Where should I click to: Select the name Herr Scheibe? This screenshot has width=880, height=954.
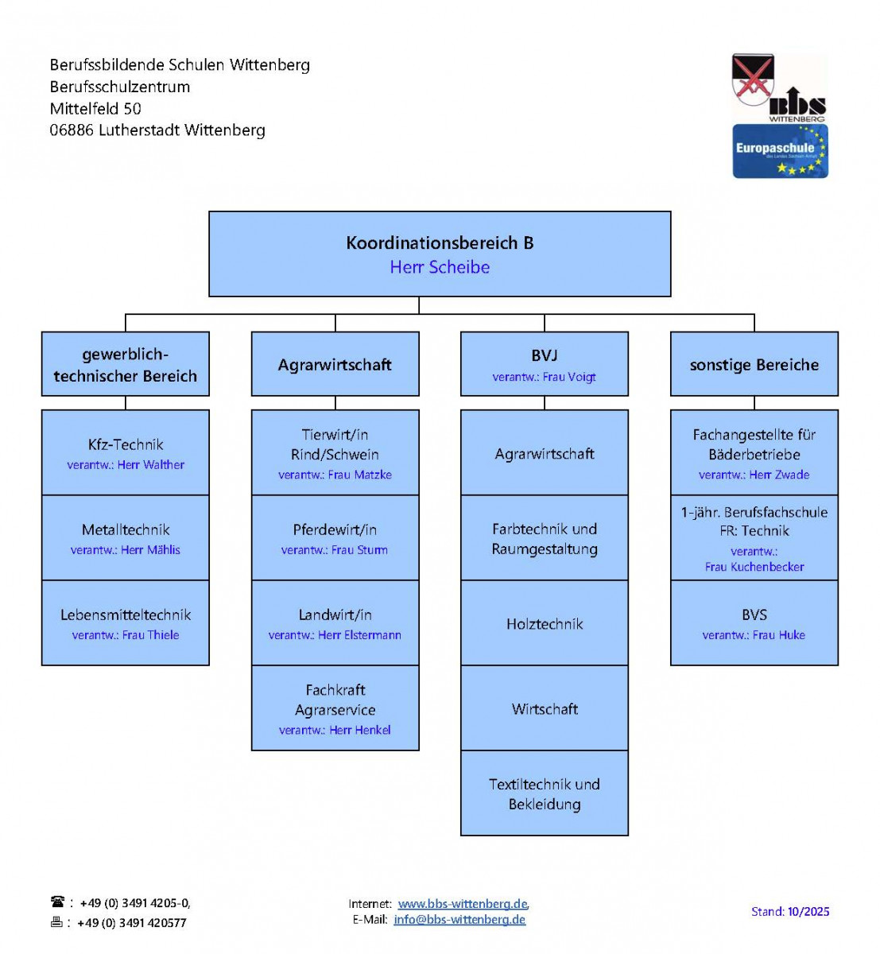click(440, 268)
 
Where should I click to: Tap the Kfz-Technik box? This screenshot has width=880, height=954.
click(126, 452)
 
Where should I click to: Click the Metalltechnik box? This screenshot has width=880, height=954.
click(126, 537)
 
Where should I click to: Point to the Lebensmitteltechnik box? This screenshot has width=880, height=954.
click(126, 622)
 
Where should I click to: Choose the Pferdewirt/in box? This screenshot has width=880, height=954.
click(335, 537)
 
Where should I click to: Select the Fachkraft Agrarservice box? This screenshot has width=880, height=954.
click(335, 708)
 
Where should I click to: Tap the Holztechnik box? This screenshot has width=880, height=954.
click(545, 623)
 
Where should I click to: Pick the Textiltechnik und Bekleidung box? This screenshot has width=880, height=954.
click(545, 793)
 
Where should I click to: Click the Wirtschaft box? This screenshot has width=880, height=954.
click(545, 708)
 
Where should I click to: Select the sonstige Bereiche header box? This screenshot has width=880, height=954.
click(754, 364)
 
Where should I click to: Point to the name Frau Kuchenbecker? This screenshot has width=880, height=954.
click(754, 567)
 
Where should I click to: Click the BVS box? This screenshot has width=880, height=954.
click(754, 622)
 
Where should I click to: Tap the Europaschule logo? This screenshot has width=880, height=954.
click(780, 151)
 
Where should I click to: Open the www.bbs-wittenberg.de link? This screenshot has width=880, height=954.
click(463, 904)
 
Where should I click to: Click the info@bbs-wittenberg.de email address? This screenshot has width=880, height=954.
click(459, 920)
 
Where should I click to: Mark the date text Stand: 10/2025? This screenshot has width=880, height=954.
click(790, 912)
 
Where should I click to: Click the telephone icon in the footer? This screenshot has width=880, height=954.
click(58, 902)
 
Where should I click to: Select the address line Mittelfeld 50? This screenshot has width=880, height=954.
click(95, 109)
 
